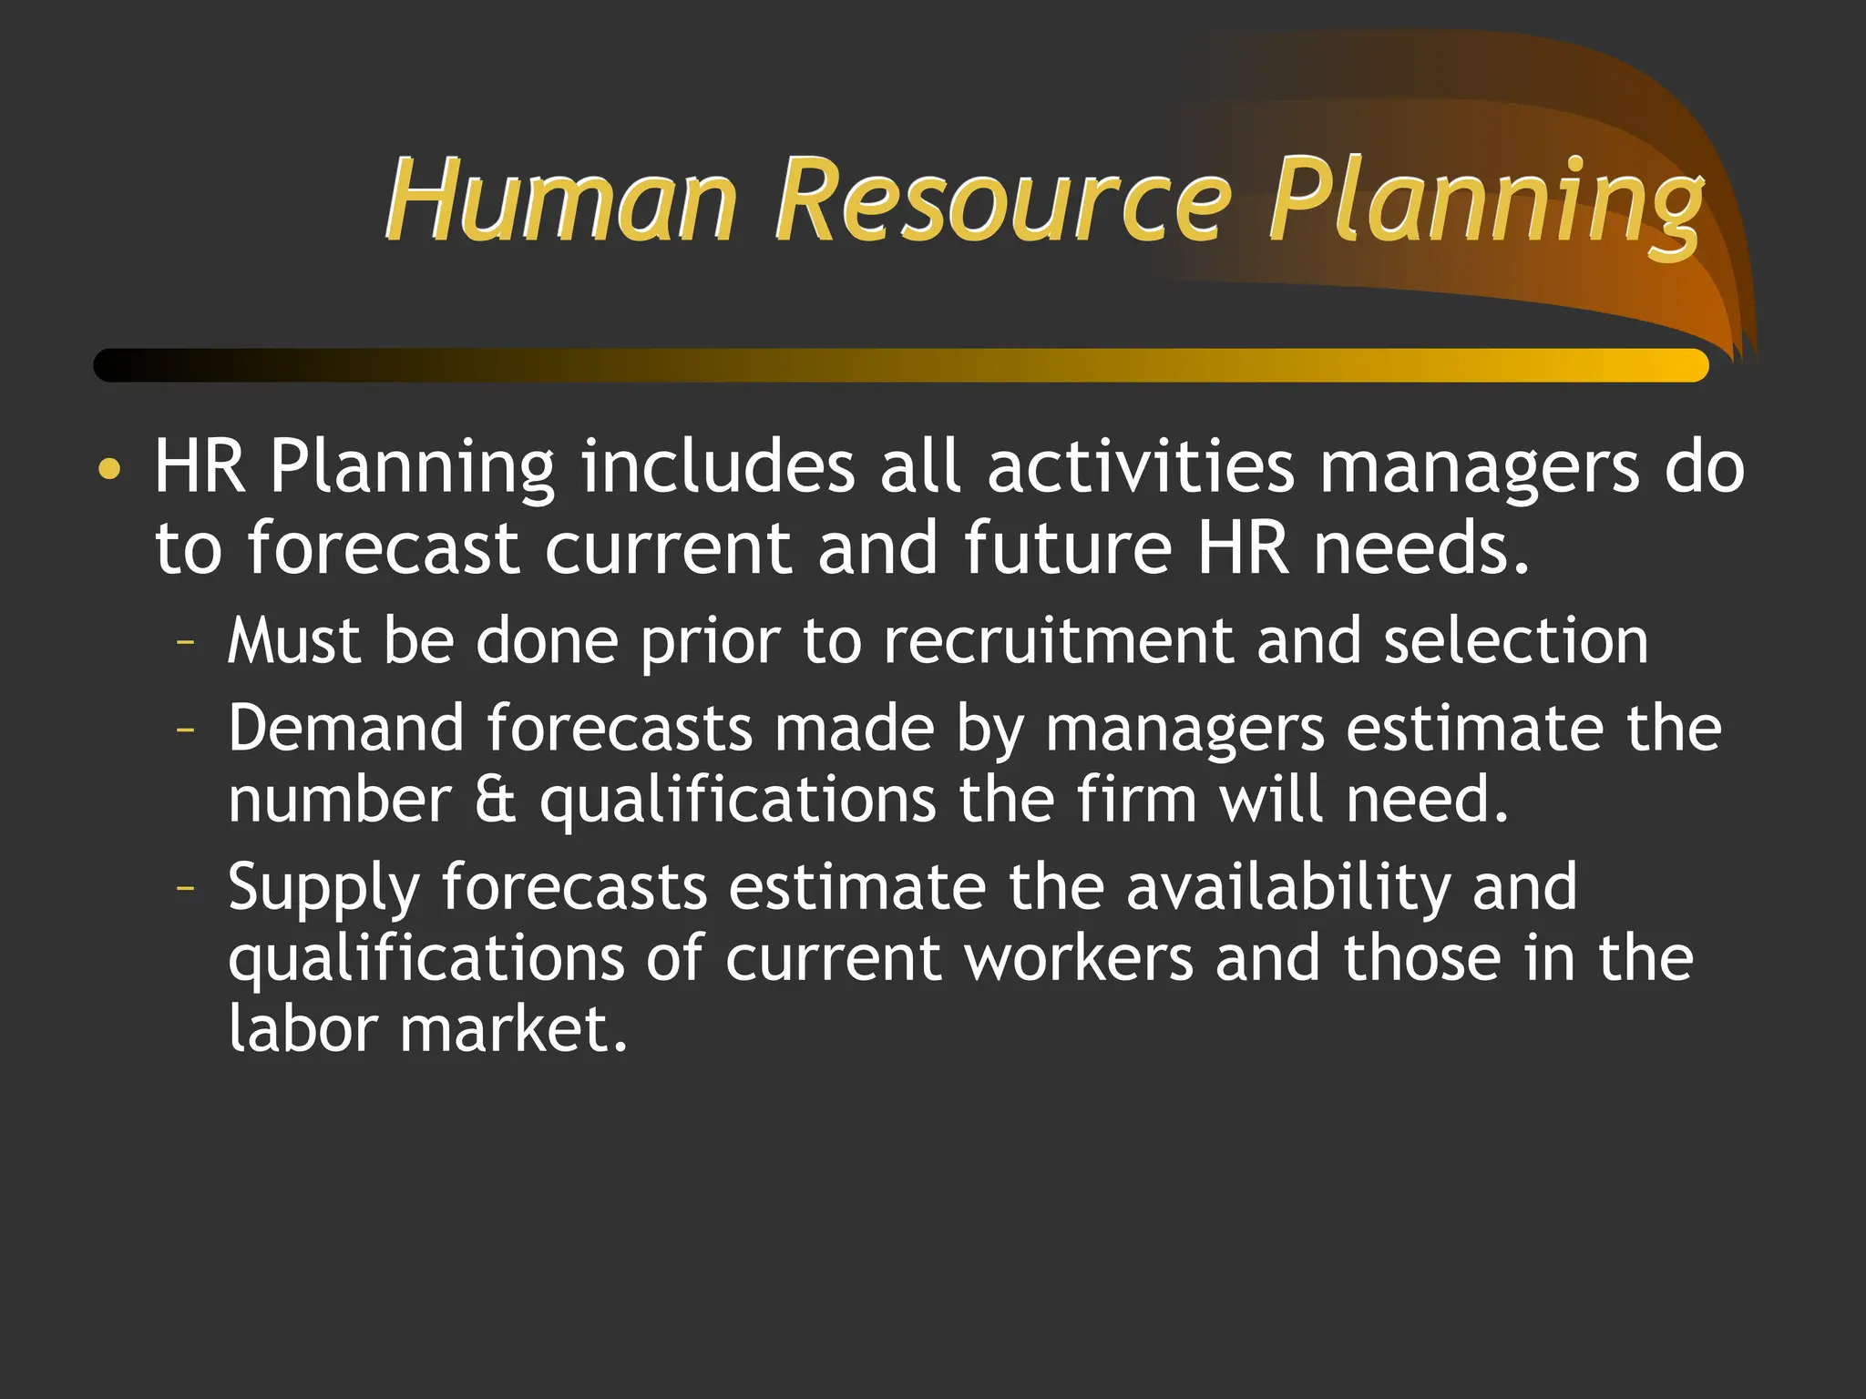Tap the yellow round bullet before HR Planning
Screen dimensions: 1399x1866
tap(109, 469)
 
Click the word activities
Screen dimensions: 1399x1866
tap(1140, 466)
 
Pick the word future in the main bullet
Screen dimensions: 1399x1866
tap(1068, 548)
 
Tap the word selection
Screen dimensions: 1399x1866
tap(1515, 640)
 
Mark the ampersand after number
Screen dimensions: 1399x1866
tap(495, 800)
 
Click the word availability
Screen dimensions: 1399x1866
tap(1287, 887)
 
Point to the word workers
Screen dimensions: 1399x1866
tap(1078, 958)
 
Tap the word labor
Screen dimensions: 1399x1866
tap(302, 1029)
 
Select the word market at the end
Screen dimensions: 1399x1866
tap(513, 1029)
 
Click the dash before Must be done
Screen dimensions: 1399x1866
tap(186, 642)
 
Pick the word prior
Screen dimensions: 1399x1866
tap(710, 642)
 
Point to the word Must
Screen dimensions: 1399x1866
tap(293, 640)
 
